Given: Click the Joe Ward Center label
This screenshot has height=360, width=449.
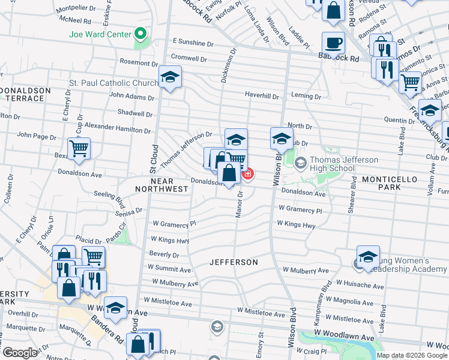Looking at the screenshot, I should (100, 34).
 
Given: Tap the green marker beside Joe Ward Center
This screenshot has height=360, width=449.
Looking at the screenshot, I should (141, 34).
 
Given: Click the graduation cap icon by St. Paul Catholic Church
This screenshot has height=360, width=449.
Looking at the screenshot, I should (170, 77).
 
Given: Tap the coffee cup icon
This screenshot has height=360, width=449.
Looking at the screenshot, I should (333, 43).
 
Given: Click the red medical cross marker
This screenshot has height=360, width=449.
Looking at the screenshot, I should (247, 174).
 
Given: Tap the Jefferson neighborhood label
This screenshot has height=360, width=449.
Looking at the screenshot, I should (234, 263).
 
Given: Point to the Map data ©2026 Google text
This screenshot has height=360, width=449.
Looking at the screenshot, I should (412, 355).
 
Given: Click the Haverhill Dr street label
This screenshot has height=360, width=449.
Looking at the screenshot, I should (262, 95).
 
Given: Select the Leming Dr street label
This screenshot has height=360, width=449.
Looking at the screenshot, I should (306, 96).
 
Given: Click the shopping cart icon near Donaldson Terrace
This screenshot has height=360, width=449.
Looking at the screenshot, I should (79, 149).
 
